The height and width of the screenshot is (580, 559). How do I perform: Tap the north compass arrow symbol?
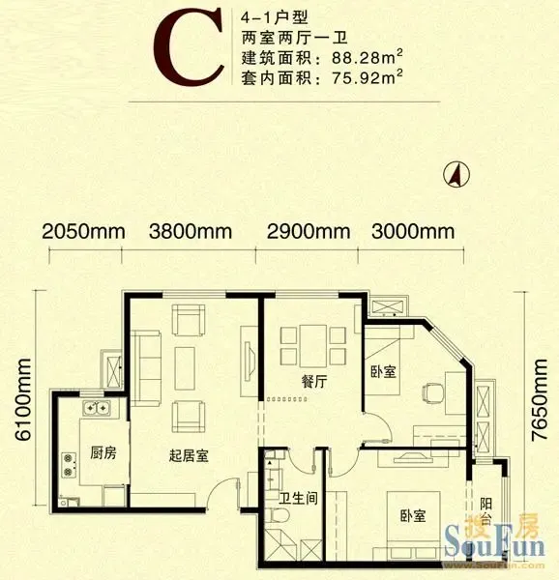click(x=456, y=174)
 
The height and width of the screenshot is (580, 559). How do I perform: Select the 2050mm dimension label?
click(x=83, y=232)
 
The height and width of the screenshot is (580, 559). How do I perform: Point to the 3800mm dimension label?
click(x=191, y=232)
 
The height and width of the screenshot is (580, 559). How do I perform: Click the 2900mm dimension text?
click(x=309, y=232)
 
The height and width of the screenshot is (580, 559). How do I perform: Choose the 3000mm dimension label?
click(x=413, y=232)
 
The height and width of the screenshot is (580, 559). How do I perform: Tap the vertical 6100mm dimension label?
click(x=23, y=399)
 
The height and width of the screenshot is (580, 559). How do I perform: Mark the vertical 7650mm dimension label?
click(x=539, y=400)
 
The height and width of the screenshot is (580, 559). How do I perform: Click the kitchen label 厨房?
click(x=103, y=452)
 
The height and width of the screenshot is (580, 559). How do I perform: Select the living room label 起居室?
click(x=189, y=455)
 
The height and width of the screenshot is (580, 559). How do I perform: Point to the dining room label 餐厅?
click(x=314, y=382)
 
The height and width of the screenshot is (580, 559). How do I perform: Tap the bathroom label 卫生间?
click(x=298, y=498)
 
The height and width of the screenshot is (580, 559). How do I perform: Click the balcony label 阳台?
click(x=486, y=511)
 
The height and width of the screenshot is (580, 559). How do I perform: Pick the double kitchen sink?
click(x=97, y=407)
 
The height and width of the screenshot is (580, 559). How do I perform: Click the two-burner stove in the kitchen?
click(x=69, y=465)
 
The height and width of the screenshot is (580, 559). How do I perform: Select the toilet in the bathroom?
click(x=278, y=515)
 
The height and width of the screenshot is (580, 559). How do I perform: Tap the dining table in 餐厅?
click(x=313, y=346)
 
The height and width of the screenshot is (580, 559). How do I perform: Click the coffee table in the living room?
click(x=185, y=368)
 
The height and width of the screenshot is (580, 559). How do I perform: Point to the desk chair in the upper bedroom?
click(x=432, y=393)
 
